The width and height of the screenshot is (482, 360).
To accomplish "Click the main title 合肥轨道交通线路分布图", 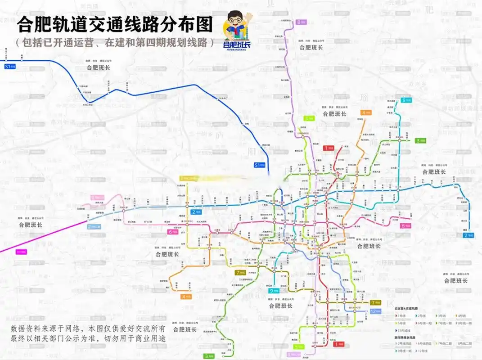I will (114, 25).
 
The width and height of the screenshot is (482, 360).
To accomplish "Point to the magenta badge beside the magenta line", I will (21, 252).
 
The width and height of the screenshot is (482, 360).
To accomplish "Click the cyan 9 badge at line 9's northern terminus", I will (406, 100).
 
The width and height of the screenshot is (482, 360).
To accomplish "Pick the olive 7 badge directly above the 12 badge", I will (375, 302).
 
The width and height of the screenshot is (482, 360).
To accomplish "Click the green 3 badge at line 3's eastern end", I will (420, 140).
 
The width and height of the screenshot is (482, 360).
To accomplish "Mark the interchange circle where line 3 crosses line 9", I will (399, 140).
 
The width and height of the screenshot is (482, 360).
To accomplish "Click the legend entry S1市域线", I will (404, 331).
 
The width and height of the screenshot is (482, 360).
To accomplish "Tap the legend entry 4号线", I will (463, 316).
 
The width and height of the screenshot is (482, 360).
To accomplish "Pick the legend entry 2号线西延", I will (404, 344).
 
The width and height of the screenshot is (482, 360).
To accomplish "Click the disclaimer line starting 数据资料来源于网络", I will (88, 328).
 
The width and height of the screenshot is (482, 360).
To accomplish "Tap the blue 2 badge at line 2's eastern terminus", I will (468, 235).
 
